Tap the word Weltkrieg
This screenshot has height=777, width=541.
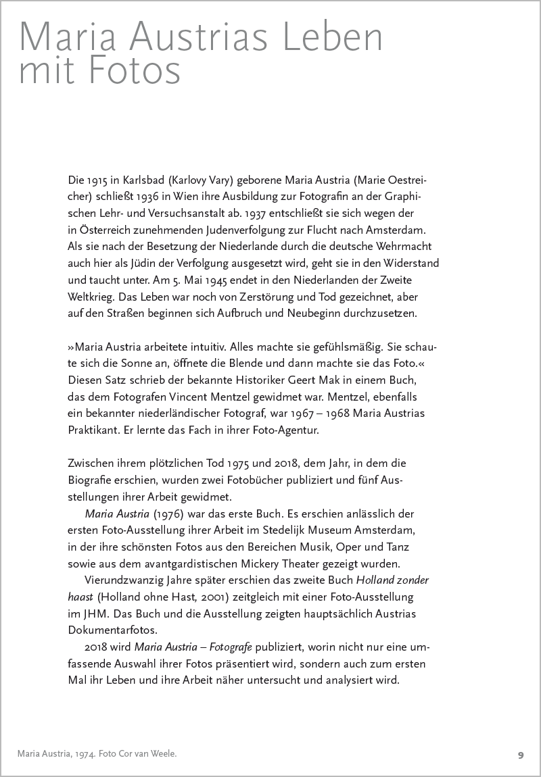click(x=95, y=296)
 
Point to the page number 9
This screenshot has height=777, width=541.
click(x=521, y=755)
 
